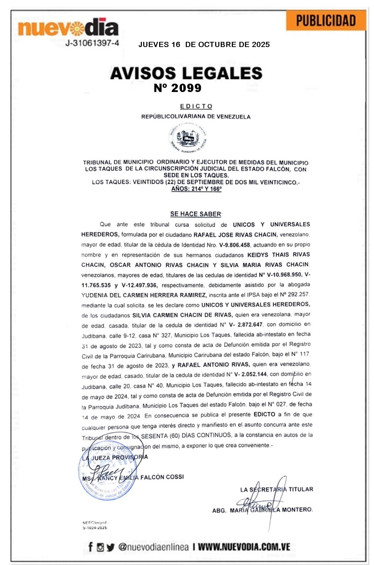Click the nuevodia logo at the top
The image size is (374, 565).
click(68, 28)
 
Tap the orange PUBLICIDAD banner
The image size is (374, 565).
click(326, 21)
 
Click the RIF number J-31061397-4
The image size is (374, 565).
click(92, 43)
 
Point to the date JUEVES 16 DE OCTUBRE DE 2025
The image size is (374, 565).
click(204, 45)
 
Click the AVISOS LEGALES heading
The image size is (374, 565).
click(186, 73)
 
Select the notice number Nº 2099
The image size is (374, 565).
click(177, 88)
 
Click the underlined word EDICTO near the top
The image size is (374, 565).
click(196, 106)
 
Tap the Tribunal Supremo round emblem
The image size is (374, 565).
click(188, 138)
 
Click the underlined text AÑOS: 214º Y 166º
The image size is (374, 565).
click(196, 189)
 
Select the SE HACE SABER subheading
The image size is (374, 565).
click(195, 214)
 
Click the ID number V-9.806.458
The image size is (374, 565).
click(234, 245)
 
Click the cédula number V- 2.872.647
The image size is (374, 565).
click(246, 325)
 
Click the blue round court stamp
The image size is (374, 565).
click(107, 477)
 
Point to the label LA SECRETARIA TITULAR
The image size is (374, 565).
click(276, 489)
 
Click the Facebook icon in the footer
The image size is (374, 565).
click(91, 547)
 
